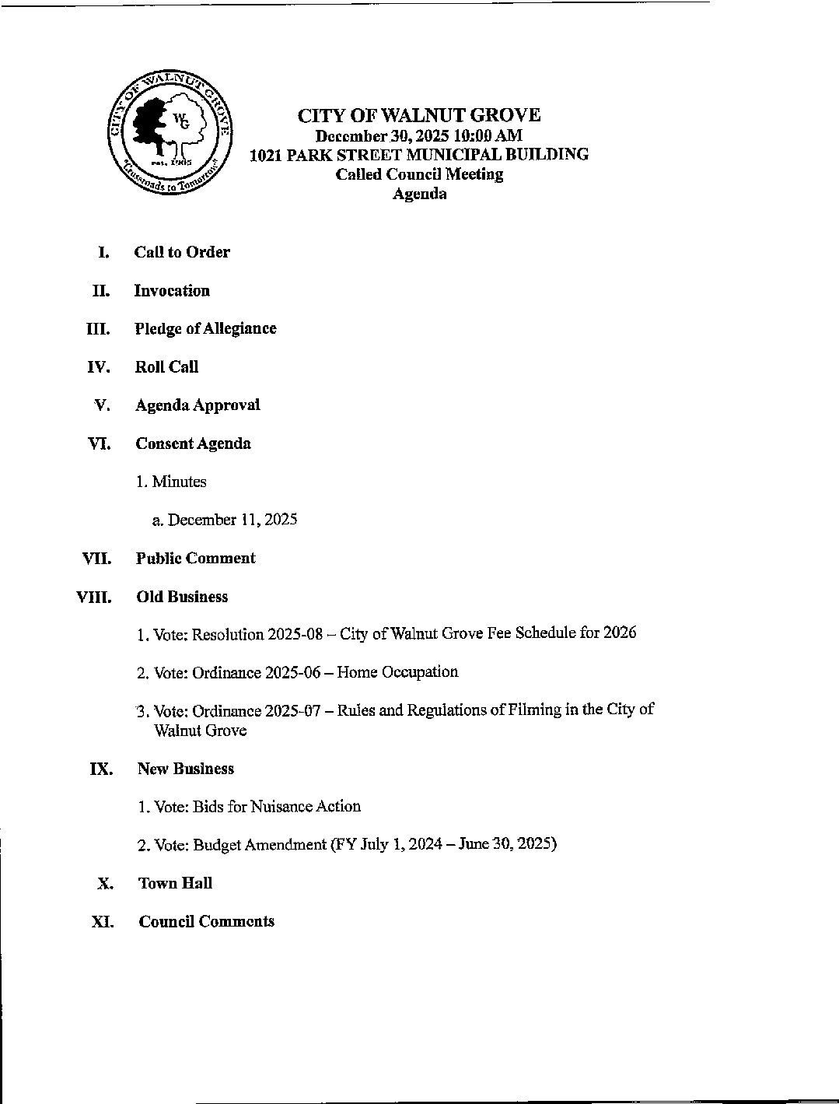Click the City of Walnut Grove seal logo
[x=170, y=135]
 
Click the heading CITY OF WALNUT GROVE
[x=418, y=116]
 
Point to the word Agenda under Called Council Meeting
[x=419, y=194]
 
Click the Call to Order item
[x=182, y=252]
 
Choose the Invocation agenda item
[x=172, y=291]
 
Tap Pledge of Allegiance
[x=205, y=328]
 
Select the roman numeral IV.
[x=98, y=367]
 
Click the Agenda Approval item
[x=198, y=405]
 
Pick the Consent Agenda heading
[x=193, y=443]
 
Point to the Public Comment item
[x=195, y=559]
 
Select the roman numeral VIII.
[x=93, y=598]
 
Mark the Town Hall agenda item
[x=175, y=883]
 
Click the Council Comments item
[x=206, y=921]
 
